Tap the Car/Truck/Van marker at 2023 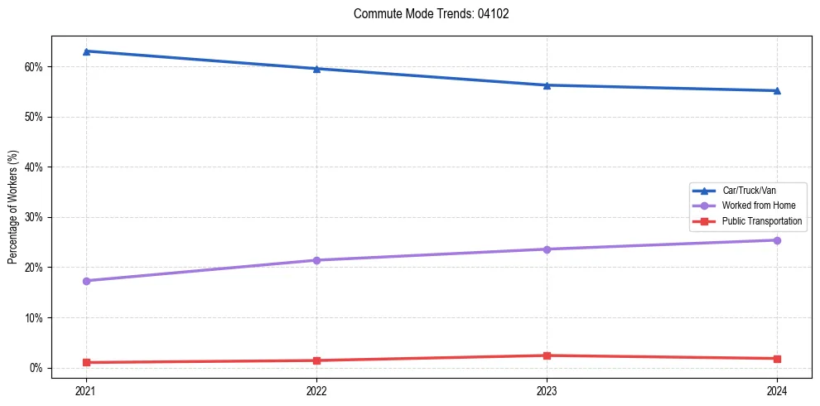[x=547, y=85]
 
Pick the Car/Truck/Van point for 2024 [x=777, y=90]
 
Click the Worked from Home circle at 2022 [x=316, y=260]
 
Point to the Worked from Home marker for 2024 [x=777, y=240]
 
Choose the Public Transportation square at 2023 [x=547, y=355]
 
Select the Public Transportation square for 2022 [x=316, y=360]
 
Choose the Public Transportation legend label [x=761, y=221]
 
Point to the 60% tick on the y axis [x=34, y=66]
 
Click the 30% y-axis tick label [x=34, y=217]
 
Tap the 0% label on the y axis [x=36, y=368]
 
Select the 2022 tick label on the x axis [x=316, y=389]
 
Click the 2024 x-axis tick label [x=777, y=389]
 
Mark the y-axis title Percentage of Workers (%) [x=13, y=207]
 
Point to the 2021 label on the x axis [x=86, y=389]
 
